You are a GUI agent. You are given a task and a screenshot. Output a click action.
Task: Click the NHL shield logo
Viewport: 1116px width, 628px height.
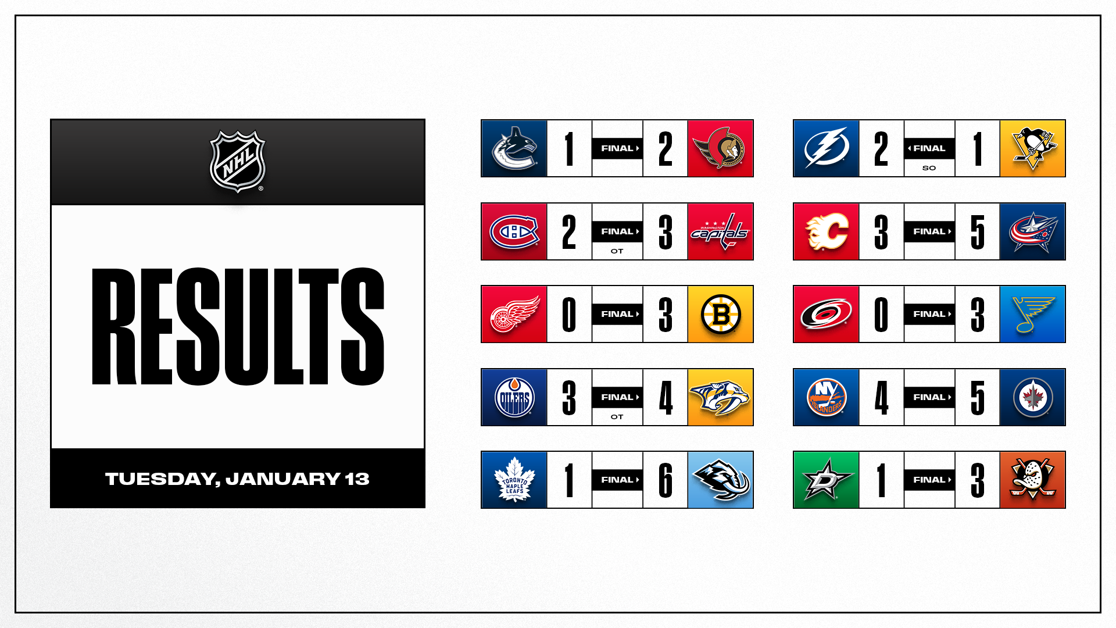pos(238,161)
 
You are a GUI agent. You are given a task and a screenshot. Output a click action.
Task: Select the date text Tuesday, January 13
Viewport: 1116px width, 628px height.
pos(238,479)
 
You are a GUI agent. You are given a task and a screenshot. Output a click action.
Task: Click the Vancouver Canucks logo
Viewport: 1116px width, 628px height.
pos(514,148)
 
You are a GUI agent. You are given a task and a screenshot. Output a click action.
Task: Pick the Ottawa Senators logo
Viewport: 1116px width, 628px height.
pos(720,148)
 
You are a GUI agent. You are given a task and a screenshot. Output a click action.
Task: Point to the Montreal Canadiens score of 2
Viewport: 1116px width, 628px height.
pos(569,231)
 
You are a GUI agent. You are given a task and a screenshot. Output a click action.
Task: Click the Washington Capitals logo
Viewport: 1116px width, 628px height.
pos(720,231)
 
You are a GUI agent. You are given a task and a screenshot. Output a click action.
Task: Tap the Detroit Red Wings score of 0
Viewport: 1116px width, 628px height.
pos(569,314)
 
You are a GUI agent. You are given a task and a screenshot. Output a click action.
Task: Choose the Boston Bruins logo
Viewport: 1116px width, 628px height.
pos(720,314)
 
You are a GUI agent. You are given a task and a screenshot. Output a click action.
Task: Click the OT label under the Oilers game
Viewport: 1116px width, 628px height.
pos(617,417)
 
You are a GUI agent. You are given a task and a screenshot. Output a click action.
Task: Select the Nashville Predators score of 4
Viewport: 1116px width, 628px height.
pos(666,397)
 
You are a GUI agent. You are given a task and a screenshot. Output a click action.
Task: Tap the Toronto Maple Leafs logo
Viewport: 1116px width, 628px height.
pos(514,480)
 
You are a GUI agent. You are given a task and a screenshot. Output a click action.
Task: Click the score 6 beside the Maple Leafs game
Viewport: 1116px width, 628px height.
pos(666,480)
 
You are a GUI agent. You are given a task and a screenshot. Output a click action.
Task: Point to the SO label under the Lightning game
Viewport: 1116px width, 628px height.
pos(929,168)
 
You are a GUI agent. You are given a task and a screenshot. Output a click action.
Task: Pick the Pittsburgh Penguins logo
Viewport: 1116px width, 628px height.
pos(1032,148)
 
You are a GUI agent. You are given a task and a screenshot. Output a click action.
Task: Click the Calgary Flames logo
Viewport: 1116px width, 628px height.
pos(826,231)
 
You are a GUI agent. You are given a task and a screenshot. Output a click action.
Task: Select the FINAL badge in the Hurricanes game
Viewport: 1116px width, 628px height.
pos(929,314)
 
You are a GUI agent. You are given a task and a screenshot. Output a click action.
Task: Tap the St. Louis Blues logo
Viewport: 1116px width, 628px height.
pos(1032,314)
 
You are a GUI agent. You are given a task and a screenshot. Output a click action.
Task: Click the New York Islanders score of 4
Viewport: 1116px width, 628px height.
pos(881,397)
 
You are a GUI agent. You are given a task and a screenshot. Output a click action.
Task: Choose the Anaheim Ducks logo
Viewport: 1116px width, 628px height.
pos(1032,480)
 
